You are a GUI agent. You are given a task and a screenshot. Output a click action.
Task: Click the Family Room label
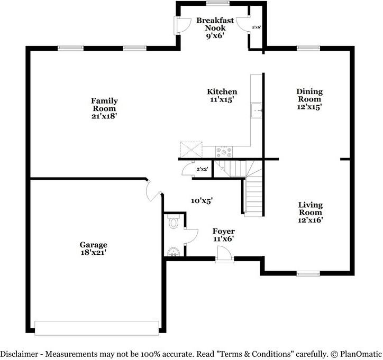tap(104, 100)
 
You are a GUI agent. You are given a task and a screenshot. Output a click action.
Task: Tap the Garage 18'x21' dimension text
tap(94, 253)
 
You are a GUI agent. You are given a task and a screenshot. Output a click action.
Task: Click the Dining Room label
tap(309, 95)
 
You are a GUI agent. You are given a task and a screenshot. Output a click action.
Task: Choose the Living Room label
tap(310, 208)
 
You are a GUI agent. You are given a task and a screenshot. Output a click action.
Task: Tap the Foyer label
tap(223, 232)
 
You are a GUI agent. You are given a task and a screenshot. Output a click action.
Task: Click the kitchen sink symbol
tap(257, 111)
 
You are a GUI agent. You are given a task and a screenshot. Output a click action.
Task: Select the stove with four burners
tap(223, 152)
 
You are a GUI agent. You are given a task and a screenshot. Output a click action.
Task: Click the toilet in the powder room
tap(173, 223)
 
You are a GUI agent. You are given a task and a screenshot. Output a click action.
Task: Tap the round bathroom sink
tap(172, 252)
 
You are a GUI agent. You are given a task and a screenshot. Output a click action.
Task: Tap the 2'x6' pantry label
tap(257, 27)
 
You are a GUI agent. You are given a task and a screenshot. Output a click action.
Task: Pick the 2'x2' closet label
tap(202, 169)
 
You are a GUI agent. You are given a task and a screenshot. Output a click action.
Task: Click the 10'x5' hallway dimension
tap(202, 200)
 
